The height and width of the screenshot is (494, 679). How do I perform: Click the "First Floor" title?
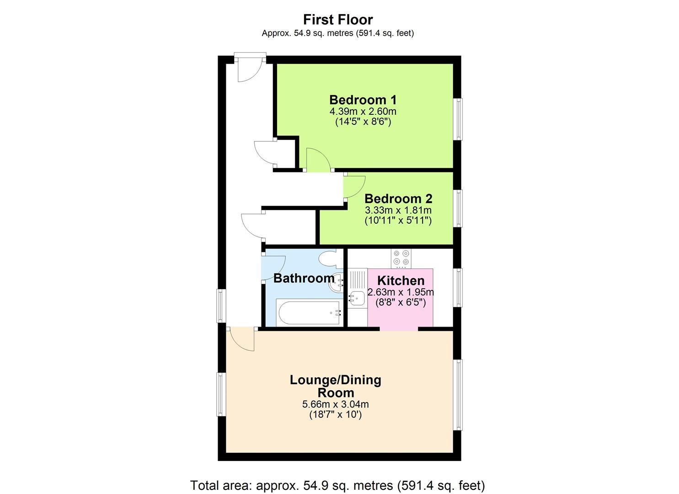pyautogui.click(x=338, y=20)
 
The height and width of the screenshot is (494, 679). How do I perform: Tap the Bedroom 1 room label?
pyautogui.click(x=363, y=100)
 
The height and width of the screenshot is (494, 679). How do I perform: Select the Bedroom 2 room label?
pyautogui.click(x=398, y=199)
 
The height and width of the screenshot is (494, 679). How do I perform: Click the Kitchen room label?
pyautogui.click(x=401, y=281)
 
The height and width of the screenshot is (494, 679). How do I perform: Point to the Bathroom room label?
pyautogui.click(x=304, y=278)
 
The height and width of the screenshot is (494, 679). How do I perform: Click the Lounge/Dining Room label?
pyautogui.click(x=336, y=386)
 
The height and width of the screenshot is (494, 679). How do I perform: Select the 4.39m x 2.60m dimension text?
pyautogui.click(x=363, y=112)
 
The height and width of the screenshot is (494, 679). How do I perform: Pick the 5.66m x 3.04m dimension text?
pyautogui.click(x=336, y=404)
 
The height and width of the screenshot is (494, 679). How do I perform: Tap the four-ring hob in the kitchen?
pyautogui.click(x=401, y=258)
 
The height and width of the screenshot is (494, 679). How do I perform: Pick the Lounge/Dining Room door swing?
pyautogui.click(x=242, y=339)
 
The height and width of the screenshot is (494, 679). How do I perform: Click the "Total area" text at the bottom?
pyautogui.click(x=337, y=485)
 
